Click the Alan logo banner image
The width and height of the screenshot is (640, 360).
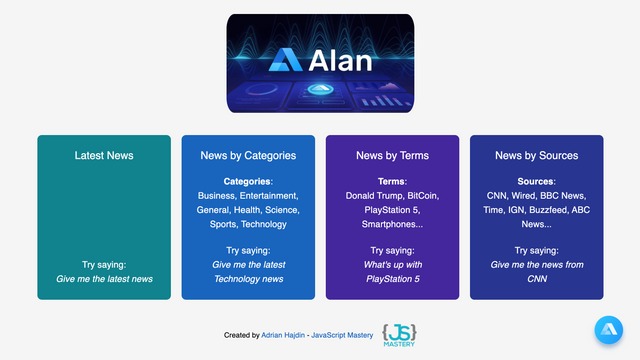click(320, 62)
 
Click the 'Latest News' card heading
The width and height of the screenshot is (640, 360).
click(104, 155)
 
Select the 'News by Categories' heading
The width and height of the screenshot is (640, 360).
click(248, 155)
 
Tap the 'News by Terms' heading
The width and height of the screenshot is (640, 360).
click(392, 155)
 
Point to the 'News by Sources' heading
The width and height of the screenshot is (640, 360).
click(536, 155)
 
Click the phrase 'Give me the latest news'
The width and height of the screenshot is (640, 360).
click(104, 279)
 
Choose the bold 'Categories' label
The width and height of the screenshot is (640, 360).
click(247, 181)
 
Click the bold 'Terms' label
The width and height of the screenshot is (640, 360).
click(391, 181)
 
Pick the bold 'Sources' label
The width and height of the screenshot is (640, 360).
click(535, 181)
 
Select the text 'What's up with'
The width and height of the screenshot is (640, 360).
click(393, 264)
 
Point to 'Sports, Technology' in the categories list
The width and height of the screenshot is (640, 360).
click(248, 226)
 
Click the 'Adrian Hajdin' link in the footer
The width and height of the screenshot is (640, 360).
click(284, 335)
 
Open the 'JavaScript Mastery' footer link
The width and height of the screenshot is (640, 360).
click(342, 335)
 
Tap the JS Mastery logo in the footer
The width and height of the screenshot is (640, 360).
click(400, 334)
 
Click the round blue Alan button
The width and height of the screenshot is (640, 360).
click(608, 331)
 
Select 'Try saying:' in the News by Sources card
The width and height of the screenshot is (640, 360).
click(536, 250)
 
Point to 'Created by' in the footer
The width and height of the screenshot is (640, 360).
click(241, 335)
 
